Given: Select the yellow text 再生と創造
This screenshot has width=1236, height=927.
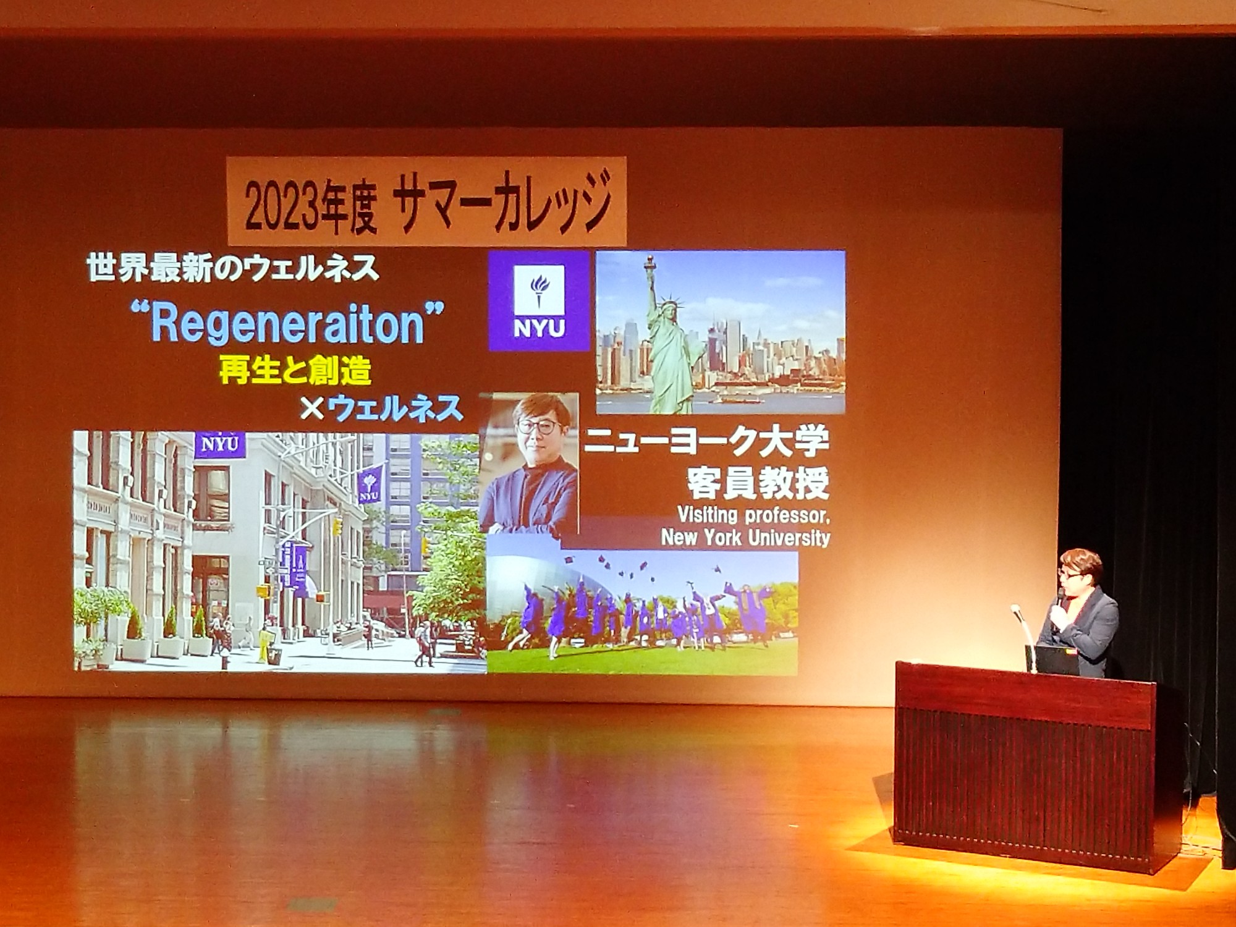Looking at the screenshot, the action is (295, 370).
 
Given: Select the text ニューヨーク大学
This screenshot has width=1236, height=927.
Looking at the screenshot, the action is (706, 441).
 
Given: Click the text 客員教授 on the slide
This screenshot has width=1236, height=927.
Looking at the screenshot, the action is (758, 483).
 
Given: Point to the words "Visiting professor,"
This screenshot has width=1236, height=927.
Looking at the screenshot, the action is (753, 514).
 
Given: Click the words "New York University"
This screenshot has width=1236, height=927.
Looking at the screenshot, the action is (745, 537).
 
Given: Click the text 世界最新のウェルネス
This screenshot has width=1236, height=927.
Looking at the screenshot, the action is (233, 269).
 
